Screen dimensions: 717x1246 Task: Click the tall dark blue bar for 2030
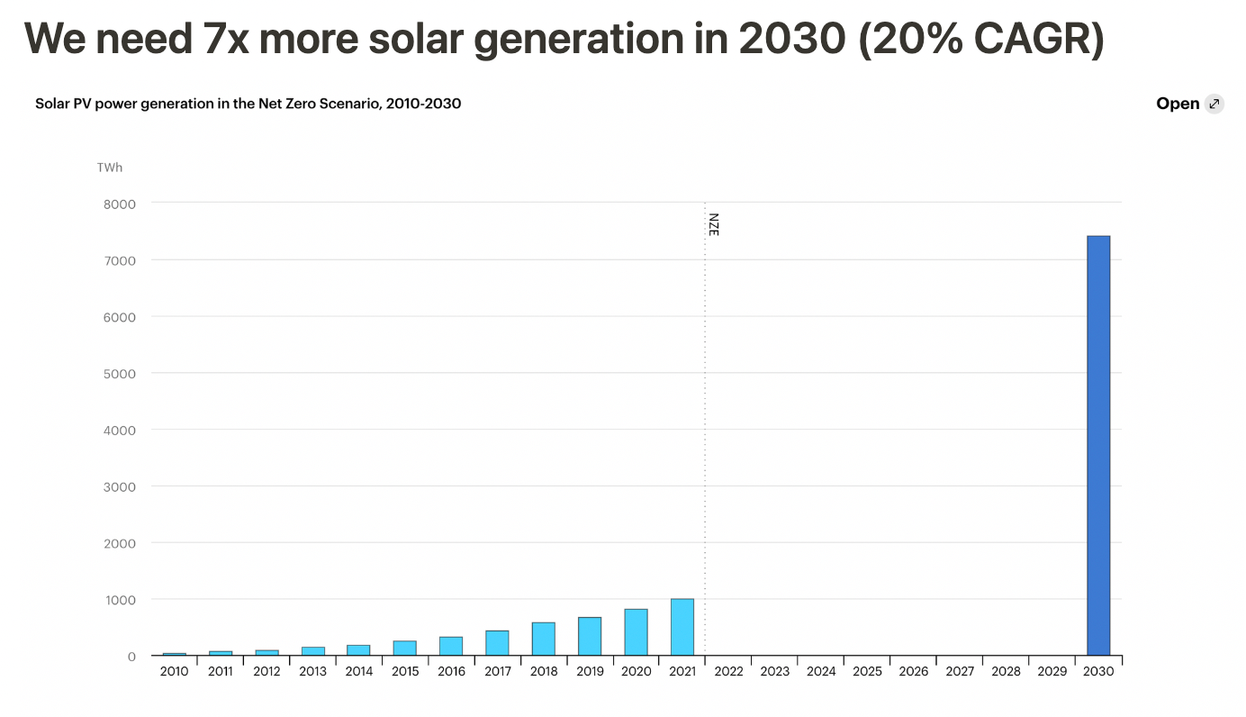click(x=1098, y=446)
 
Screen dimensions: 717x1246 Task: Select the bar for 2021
click(x=682, y=627)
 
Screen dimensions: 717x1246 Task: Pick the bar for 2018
click(x=543, y=639)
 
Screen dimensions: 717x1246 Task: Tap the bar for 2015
click(x=404, y=648)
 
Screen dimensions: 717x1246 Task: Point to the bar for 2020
click(x=636, y=632)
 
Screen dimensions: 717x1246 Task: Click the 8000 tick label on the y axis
click(x=119, y=204)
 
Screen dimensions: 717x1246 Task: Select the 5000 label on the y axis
click(x=119, y=374)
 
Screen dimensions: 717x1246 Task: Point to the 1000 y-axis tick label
click(x=119, y=600)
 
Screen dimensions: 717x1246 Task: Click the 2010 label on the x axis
click(x=174, y=672)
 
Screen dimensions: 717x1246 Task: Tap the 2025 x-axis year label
click(x=867, y=672)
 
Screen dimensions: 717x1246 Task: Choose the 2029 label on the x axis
click(x=1052, y=672)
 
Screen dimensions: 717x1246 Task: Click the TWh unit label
click(x=110, y=168)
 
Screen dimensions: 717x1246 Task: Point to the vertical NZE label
click(x=714, y=224)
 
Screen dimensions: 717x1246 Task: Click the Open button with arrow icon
click(x=1189, y=104)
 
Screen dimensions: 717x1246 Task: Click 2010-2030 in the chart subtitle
click(x=423, y=104)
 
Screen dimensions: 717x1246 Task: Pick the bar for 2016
click(x=451, y=646)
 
